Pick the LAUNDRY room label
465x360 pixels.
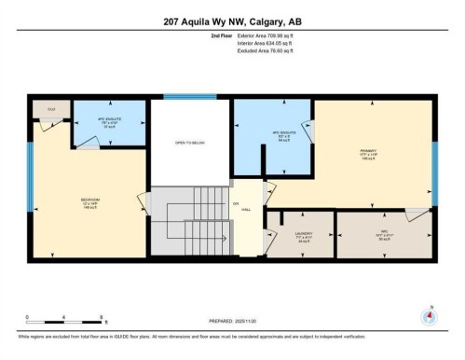click(304, 236)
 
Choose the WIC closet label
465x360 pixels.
click(383, 236)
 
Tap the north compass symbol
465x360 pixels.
click(429, 314)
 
